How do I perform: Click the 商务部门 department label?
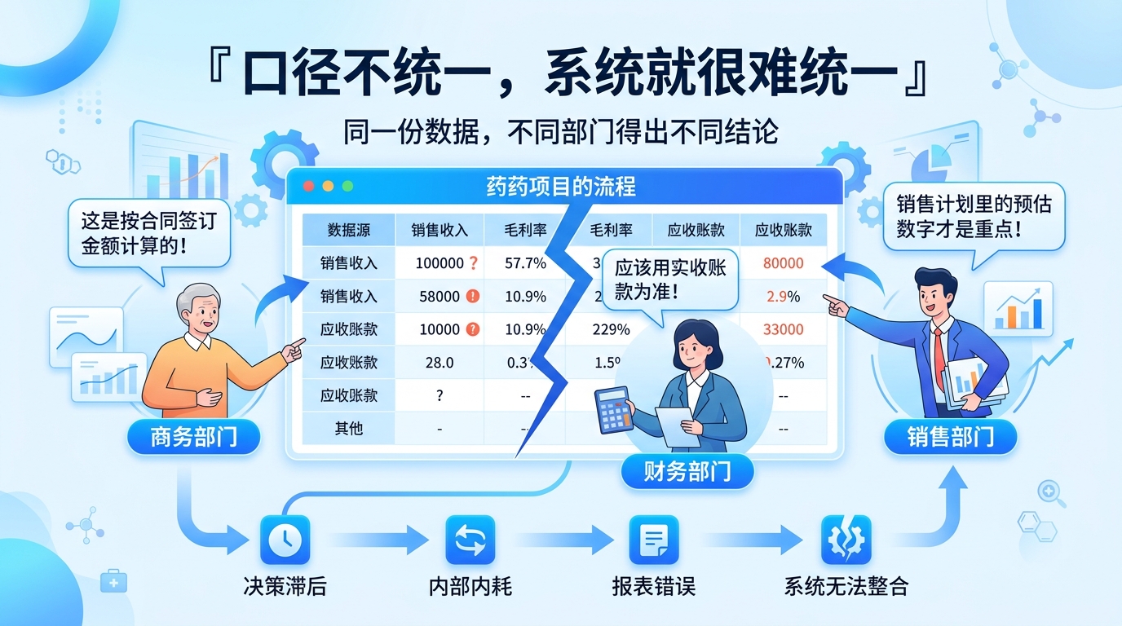[x=193, y=438]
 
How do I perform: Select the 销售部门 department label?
[x=950, y=438]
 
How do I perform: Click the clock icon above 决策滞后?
[x=285, y=540]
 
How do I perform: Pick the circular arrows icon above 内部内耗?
[x=470, y=540]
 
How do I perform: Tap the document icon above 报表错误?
[x=654, y=540]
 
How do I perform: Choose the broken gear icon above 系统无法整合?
[x=846, y=540]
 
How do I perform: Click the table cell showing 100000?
[x=440, y=263]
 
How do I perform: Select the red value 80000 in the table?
[x=783, y=263]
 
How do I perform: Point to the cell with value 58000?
[x=440, y=297]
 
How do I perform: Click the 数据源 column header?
[x=348, y=231]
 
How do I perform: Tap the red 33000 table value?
[x=783, y=329]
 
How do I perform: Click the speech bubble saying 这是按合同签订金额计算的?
[x=149, y=232]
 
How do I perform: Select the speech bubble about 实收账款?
[x=669, y=280]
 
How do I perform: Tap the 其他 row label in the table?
[x=348, y=428]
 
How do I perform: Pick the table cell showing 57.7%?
[x=526, y=263]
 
